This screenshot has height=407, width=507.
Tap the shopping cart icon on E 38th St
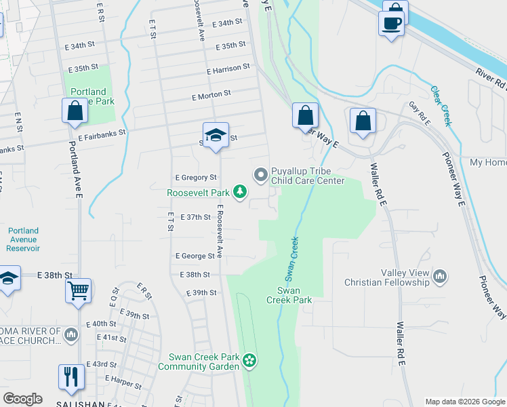[x=79, y=291]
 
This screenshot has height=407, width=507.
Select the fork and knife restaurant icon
[x=71, y=376]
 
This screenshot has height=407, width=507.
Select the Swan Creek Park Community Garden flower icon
[x=250, y=360]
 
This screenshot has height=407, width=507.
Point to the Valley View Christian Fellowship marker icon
[x=440, y=277]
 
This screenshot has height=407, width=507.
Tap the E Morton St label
[x=211, y=95]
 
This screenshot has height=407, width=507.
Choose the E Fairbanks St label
[x=102, y=135]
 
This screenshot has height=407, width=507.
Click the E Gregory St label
[x=195, y=178]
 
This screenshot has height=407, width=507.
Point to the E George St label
[x=195, y=256]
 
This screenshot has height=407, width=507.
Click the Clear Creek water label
[x=441, y=106]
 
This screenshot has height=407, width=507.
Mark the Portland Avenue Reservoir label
[x=24, y=239]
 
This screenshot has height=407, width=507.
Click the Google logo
[x=22, y=399]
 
